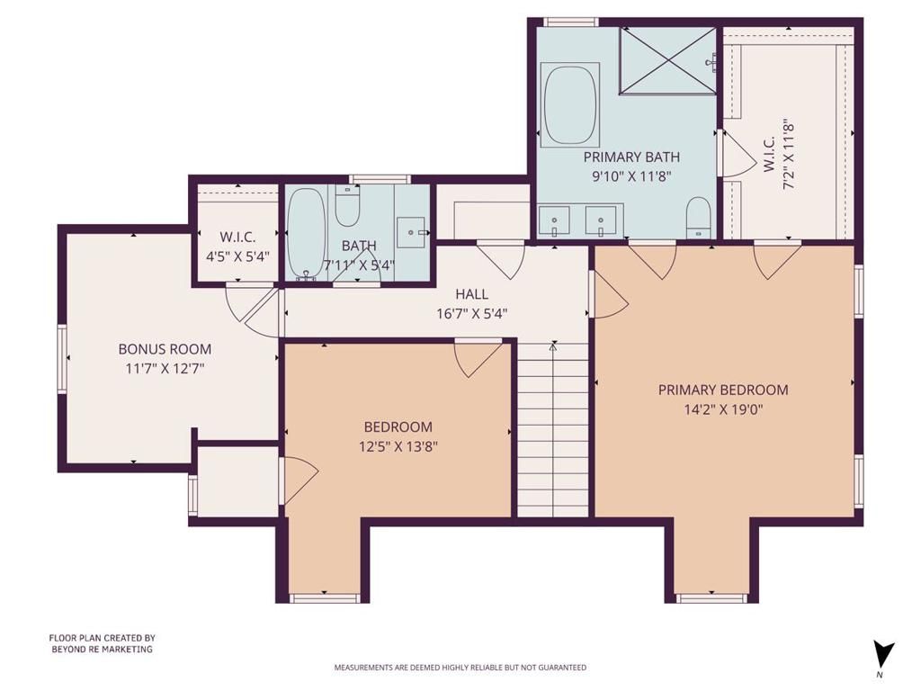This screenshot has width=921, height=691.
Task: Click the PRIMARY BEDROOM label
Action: pos(723,390)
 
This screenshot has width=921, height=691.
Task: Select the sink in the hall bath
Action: pos(414,232)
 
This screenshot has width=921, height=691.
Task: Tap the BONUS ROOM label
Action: pos(165,349)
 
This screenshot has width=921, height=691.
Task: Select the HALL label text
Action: pos(471,294)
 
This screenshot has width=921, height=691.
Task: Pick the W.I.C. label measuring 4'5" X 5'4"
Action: pos(238,238)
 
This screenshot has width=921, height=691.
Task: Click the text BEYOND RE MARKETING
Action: pos(101,649)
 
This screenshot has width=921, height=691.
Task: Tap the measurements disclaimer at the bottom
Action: pos(460,668)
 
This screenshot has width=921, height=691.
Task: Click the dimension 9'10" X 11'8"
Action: pos(631,176)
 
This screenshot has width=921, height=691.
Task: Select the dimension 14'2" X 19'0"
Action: pos(723,408)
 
